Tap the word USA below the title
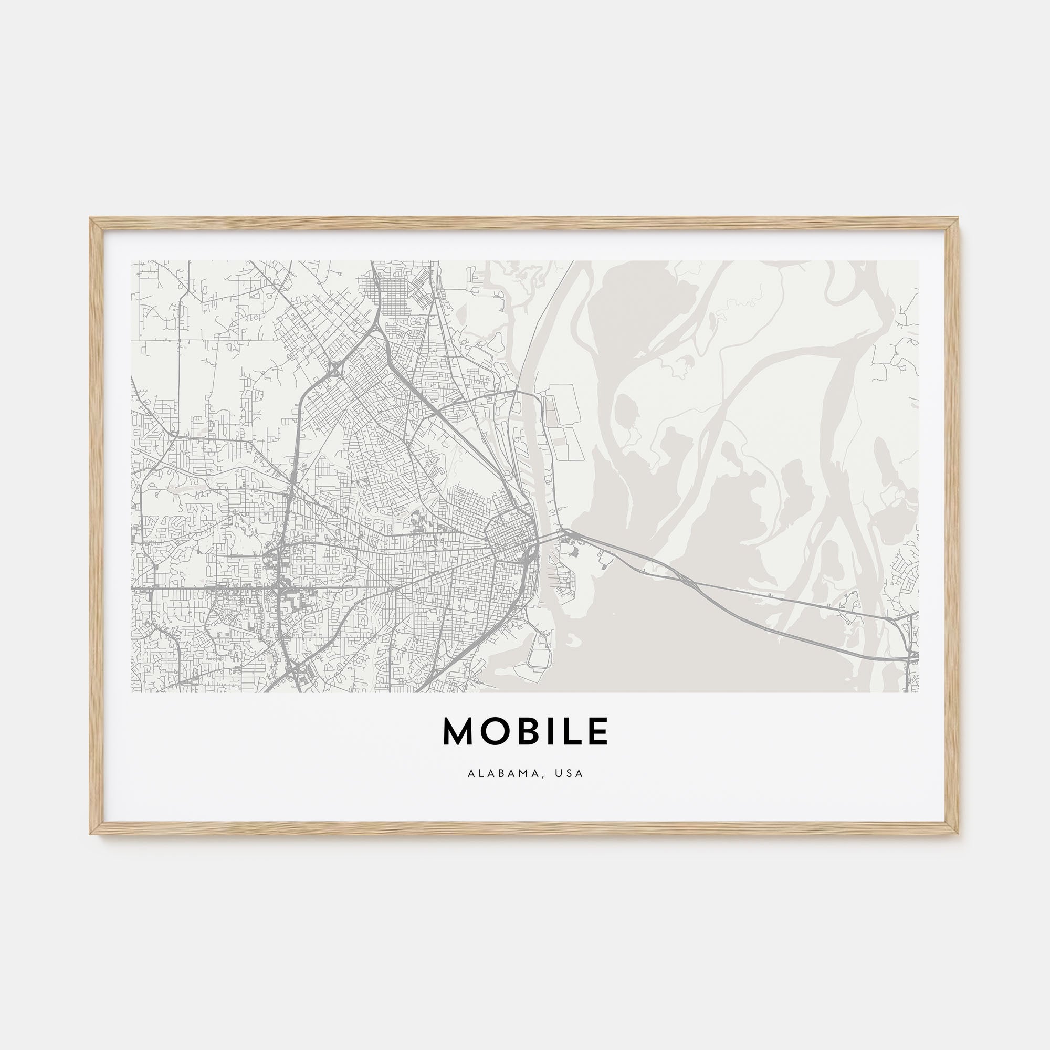pyautogui.click(x=569, y=773)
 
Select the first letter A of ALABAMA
pyautogui.click(x=470, y=773)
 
